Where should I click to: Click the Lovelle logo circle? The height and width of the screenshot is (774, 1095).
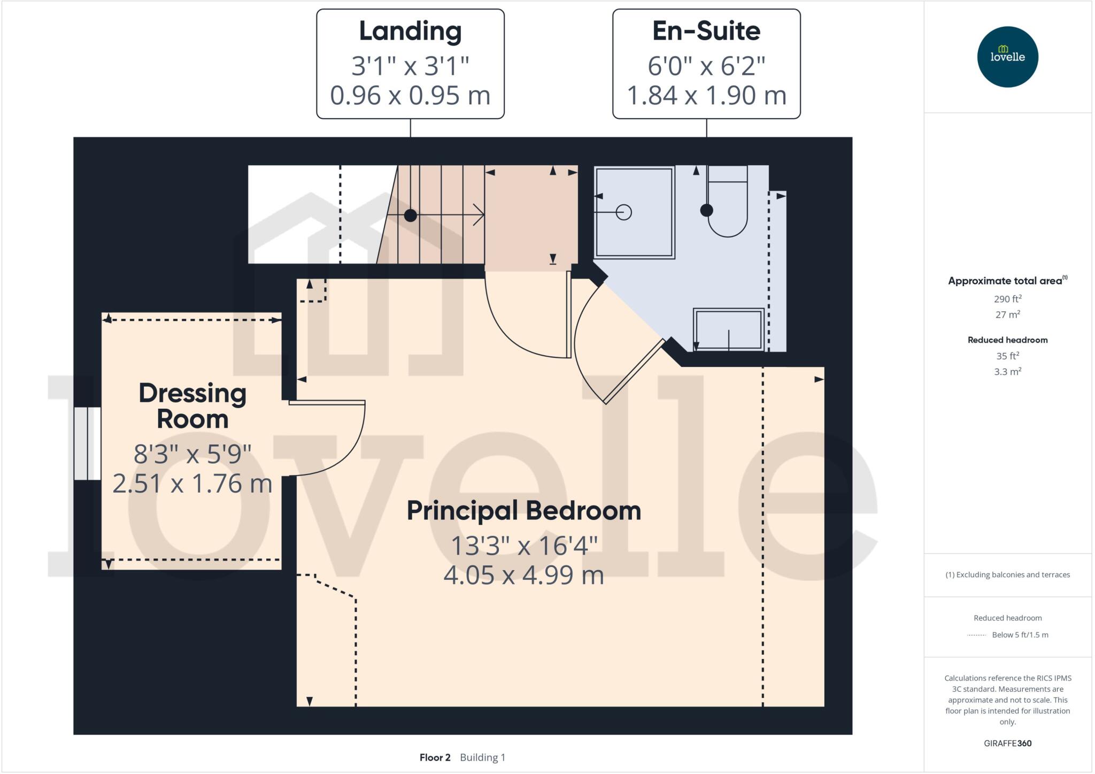pyautogui.click(x=1007, y=57)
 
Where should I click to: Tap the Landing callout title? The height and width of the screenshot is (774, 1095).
pyautogui.click(x=410, y=31)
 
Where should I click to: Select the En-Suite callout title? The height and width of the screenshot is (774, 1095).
pyautogui.click(x=706, y=31)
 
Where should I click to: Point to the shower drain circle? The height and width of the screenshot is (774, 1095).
pyautogui.click(x=623, y=212)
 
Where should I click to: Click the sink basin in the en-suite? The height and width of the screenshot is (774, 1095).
pyautogui.click(x=728, y=329)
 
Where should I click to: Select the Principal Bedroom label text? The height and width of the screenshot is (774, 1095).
pyautogui.click(x=523, y=510)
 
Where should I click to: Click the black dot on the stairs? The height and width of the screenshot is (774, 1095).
pyautogui.click(x=410, y=216)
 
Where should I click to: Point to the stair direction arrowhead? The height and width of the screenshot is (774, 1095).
pyautogui.click(x=480, y=215)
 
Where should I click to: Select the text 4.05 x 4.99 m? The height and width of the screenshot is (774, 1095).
pyautogui.click(x=523, y=576)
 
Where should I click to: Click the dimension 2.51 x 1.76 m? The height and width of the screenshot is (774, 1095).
pyautogui.click(x=192, y=484)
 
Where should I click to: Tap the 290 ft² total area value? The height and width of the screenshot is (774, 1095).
pyautogui.click(x=1007, y=299)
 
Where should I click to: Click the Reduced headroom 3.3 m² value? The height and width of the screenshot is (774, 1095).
pyautogui.click(x=1007, y=371)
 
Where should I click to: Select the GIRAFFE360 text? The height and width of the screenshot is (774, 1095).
pyautogui.click(x=1007, y=743)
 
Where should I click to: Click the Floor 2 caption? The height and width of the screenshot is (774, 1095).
pyautogui.click(x=435, y=757)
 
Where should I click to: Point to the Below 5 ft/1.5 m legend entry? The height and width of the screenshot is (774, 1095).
pyautogui.click(x=1019, y=635)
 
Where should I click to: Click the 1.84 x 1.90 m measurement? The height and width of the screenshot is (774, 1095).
pyautogui.click(x=706, y=96)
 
